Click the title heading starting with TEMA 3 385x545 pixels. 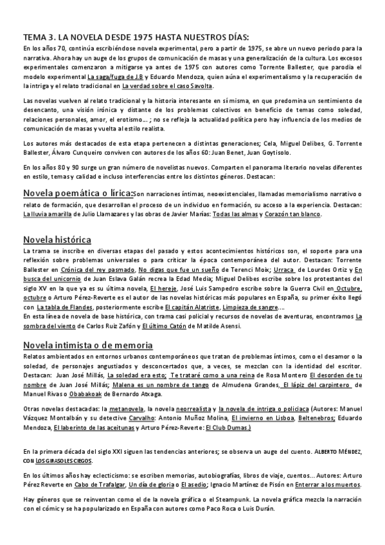(x=136, y=37)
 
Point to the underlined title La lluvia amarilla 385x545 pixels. (x=48, y=214)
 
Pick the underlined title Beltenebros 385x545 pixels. (x=316, y=418)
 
